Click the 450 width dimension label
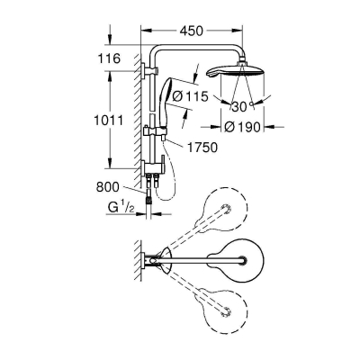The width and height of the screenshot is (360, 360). click(191, 31)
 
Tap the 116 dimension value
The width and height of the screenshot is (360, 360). click(109, 58)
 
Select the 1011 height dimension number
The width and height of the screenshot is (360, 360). click(108, 121)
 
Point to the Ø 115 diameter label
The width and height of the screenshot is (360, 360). click(191, 96)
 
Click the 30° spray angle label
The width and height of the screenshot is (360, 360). click(243, 106)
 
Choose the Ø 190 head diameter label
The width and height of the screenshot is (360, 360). click(242, 127)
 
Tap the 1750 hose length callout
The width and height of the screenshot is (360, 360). click(202, 148)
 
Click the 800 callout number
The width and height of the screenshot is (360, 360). click(107, 187)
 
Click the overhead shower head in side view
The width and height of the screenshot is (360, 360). click(236, 71)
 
